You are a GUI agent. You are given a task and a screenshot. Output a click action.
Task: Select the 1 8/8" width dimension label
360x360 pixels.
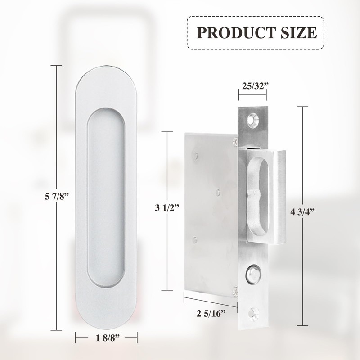click(x=106, y=337)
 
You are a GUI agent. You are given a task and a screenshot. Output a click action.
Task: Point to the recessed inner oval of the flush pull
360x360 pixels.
click(x=106, y=198)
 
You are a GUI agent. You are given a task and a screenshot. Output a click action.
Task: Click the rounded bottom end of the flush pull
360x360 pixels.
click(x=106, y=317)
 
